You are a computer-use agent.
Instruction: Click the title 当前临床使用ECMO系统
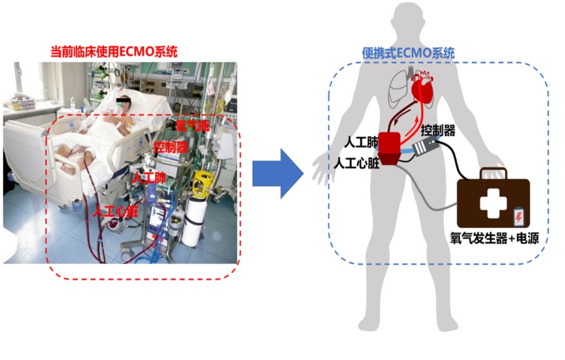(x=114, y=50)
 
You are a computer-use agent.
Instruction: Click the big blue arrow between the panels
(x=277, y=173)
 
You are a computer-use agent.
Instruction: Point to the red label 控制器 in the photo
(x=171, y=147)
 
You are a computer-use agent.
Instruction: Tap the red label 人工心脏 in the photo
(x=116, y=210)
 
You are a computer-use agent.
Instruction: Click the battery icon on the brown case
(x=519, y=216)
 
